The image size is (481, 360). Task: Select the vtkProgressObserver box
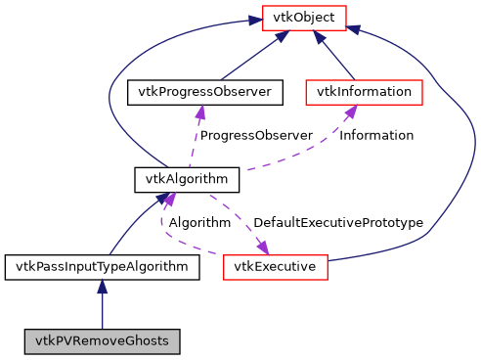pyautogui.click(x=205, y=92)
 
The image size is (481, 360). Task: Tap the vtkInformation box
pyautogui.click(x=364, y=92)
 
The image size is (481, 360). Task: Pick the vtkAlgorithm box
pyautogui.click(x=187, y=179)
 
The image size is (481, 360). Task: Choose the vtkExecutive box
pyautogui.click(x=275, y=265)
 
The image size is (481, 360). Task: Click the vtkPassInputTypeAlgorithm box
pyautogui.click(x=102, y=265)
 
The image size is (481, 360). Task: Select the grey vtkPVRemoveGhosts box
pyautogui.click(x=102, y=341)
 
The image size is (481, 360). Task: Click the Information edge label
pyautogui.click(x=376, y=135)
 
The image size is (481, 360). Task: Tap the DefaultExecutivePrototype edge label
pyautogui.click(x=338, y=223)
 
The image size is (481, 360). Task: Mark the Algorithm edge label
pyautogui.click(x=199, y=223)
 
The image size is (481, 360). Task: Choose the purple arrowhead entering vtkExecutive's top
pyautogui.click(x=262, y=246)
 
